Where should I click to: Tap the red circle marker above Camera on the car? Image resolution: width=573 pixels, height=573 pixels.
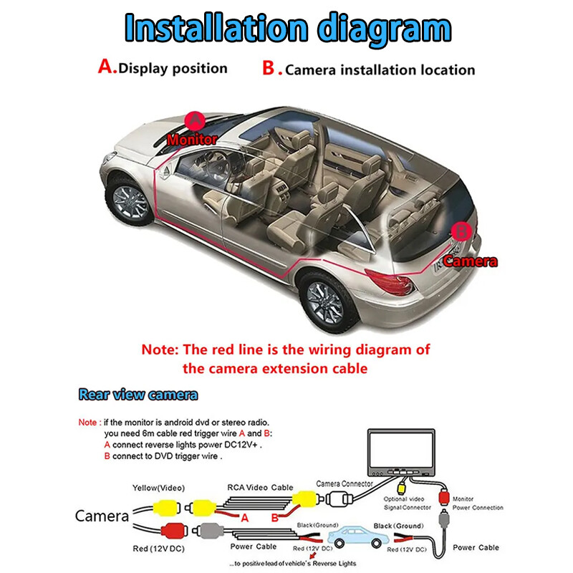click(x=462, y=231)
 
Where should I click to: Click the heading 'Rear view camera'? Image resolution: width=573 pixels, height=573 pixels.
click(x=138, y=395)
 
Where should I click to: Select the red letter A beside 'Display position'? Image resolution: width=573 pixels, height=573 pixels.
click(x=107, y=67)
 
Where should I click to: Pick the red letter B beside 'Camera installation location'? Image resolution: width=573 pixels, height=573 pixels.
click(x=269, y=69)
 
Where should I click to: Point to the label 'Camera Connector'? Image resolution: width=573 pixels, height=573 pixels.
click(x=345, y=484)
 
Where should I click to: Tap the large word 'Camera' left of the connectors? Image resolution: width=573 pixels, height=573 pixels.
click(x=102, y=516)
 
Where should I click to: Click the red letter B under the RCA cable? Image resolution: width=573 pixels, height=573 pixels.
click(x=274, y=517)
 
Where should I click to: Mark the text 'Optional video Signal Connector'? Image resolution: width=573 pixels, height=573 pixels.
click(x=408, y=503)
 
